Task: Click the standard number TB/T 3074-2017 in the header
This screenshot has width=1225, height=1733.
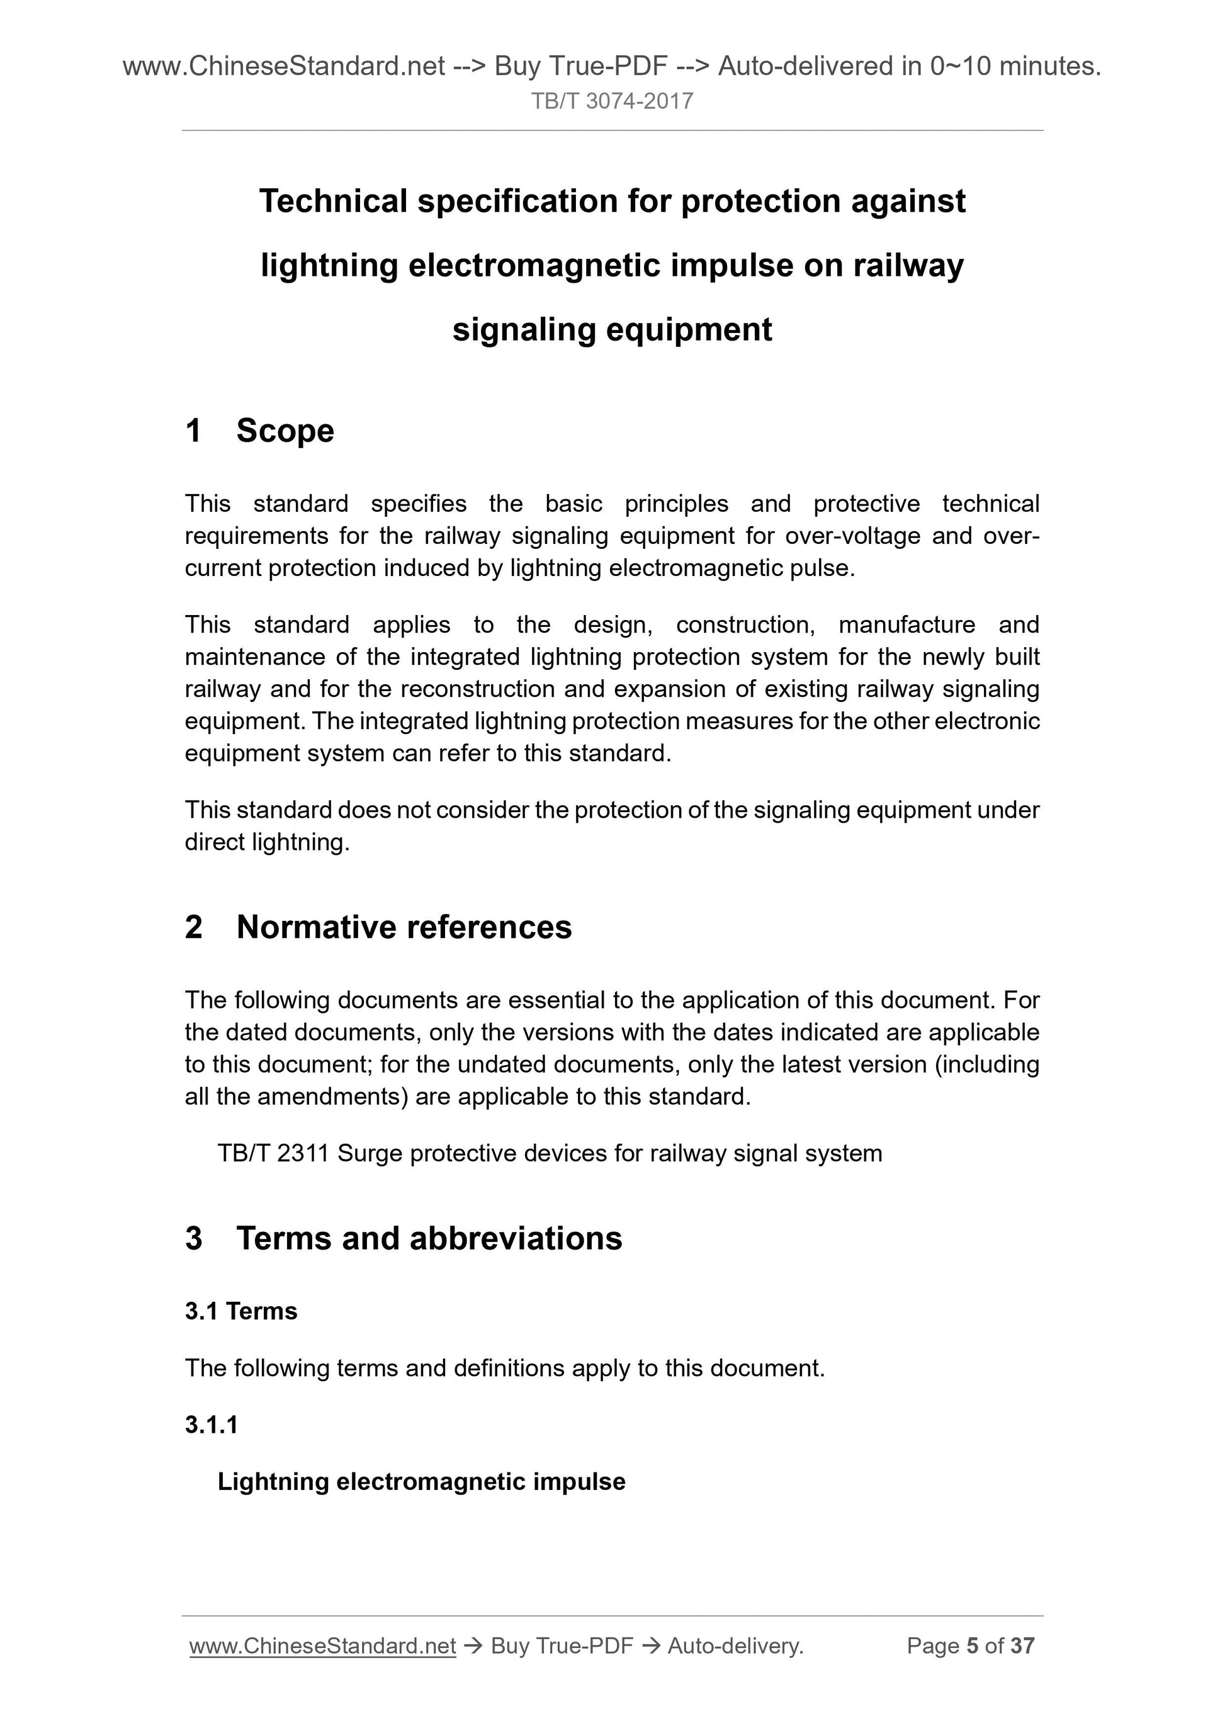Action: [x=612, y=101]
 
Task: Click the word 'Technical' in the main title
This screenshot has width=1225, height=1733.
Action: [x=332, y=201]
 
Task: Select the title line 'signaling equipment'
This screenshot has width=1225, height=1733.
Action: [x=612, y=330]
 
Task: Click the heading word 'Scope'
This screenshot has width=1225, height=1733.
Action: [x=285, y=431]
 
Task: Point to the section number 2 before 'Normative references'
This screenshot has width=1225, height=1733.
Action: [x=194, y=927]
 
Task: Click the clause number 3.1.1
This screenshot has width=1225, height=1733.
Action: [x=212, y=1425]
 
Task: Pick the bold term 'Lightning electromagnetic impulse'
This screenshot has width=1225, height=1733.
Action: [x=421, y=1482]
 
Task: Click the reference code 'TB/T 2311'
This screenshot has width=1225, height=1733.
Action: [x=273, y=1153]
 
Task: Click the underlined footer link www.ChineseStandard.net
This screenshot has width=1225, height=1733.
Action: [x=322, y=1646]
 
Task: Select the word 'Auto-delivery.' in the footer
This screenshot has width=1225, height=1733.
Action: [x=735, y=1646]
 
